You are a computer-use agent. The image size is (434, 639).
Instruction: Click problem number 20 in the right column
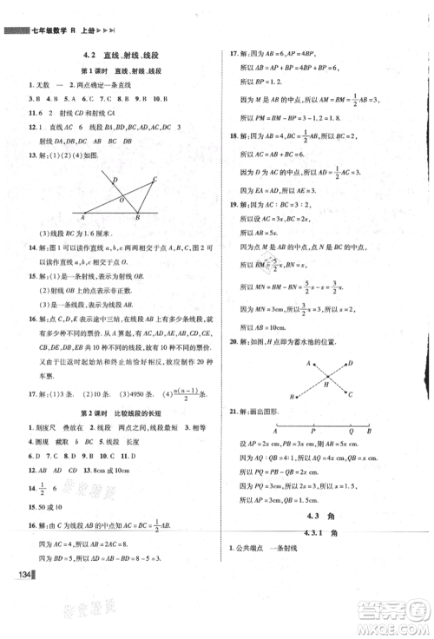point(232,341)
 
